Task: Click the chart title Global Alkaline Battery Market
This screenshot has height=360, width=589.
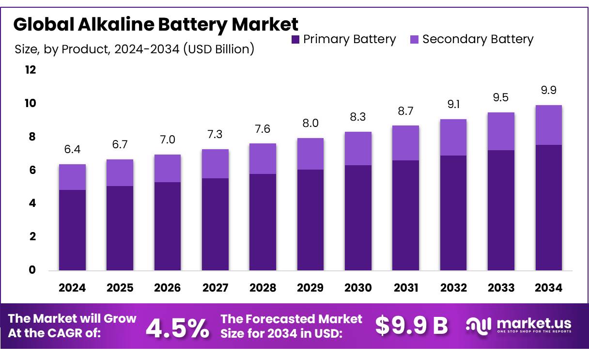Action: coord(156,24)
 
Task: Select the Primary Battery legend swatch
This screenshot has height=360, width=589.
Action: coord(295,40)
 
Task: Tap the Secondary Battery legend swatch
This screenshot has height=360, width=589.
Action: coord(414,40)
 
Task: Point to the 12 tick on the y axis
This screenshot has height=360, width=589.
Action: coord(31,70)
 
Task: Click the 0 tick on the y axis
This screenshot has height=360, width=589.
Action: coord(32,270)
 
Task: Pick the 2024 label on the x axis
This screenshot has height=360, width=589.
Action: coord(72,288)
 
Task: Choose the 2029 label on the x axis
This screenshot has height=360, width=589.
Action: coord(310,288)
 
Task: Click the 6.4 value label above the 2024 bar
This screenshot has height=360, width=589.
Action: coord(72,150)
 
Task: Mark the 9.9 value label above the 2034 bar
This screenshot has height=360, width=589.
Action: coord(549,91)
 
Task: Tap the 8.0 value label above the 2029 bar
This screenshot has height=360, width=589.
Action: coord(310,123)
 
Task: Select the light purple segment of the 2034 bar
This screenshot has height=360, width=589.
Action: coord(549,125)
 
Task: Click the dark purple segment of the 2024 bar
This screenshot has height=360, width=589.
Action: coord(72,230)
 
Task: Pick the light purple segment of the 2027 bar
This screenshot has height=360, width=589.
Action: coord(215,164)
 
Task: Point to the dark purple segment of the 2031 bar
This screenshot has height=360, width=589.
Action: coord(406,215)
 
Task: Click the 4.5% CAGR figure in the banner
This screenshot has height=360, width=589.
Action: coord(178,328)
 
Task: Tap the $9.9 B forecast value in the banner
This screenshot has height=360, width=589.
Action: coord(412,326)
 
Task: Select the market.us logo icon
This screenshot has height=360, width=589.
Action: coord(478,325)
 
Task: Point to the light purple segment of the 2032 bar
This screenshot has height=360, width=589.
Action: coord(453,138)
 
